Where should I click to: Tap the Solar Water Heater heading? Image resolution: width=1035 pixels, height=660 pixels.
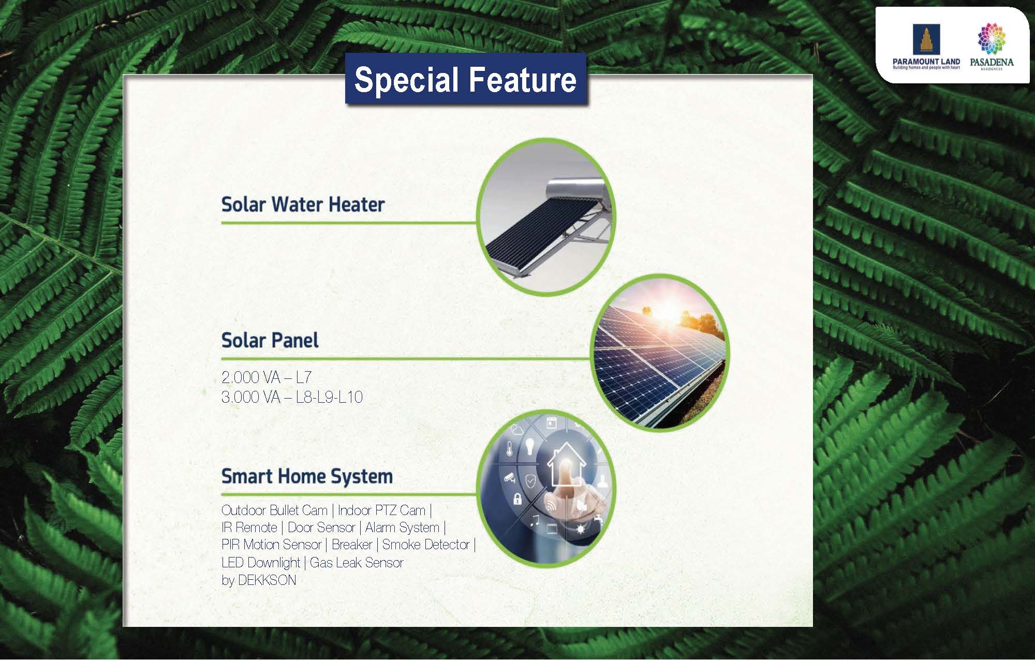tap(303, 204)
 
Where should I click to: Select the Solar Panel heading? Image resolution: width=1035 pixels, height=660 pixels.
tap(270, 340)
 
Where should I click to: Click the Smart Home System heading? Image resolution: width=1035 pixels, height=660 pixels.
tap(307, 476)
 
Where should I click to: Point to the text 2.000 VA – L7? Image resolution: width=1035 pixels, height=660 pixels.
tap(267, 377)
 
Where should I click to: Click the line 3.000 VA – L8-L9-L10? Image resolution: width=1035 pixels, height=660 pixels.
tap(292, 397)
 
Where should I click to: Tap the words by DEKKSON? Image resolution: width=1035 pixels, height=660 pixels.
tap(259, 580)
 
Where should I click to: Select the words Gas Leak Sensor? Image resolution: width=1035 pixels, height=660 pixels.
tap(357, 563)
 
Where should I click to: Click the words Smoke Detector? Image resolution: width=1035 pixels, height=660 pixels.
tap(426, 545)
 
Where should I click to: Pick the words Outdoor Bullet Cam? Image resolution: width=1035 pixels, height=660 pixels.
tap(274, 510)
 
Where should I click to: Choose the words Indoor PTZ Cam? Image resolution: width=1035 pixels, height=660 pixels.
tap(381, 510)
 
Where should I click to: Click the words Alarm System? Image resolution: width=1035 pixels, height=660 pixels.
tap(402, 527)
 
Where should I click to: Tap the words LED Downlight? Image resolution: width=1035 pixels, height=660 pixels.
tap(261, 563)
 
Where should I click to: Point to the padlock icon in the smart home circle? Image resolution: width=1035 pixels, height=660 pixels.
tap(516, 499)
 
